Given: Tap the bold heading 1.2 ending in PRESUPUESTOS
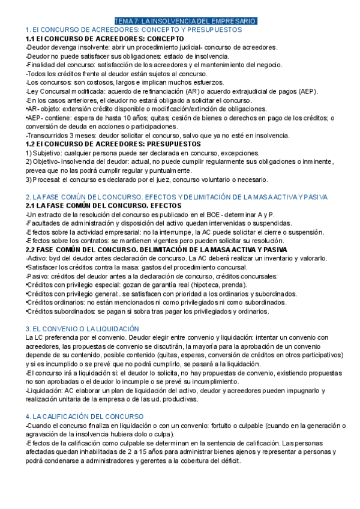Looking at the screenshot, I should click(x=113, y=144).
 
